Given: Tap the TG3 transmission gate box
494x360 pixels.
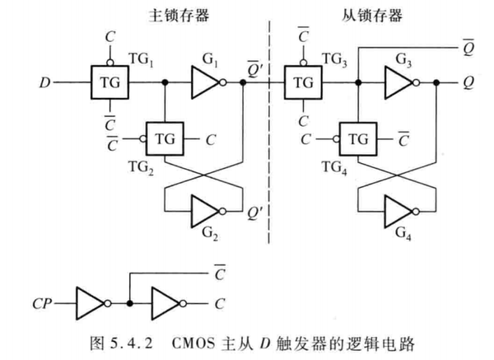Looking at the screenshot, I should click(x=305, y=83).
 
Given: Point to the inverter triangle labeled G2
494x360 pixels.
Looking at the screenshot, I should click(x=207, y=211).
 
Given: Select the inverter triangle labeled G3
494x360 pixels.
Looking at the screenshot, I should click(x=401, y=83).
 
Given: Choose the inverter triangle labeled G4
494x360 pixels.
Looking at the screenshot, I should click(x=400, y=211).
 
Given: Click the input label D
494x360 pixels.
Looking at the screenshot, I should click(x=44, y=83).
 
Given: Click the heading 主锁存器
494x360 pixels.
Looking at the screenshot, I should click(x=170, y=14).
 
